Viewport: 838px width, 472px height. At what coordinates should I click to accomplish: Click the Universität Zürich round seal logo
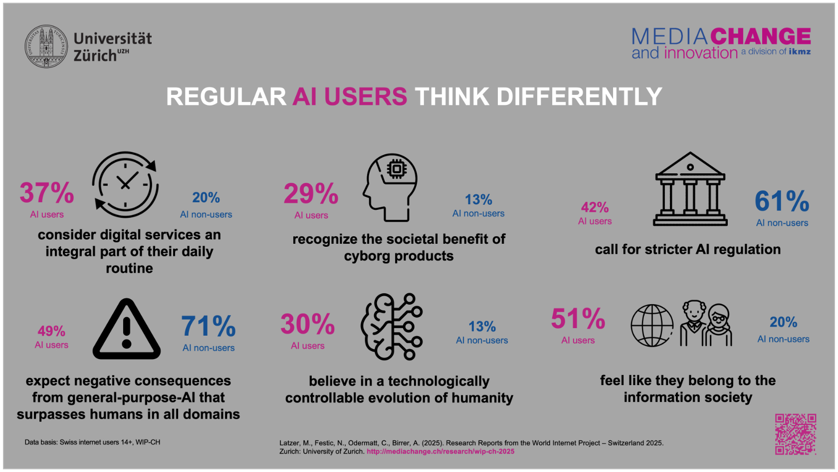point(46,46)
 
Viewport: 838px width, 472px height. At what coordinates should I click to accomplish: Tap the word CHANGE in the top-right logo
point(761,36)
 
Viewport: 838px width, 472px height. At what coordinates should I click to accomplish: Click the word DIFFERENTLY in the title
point(579,97)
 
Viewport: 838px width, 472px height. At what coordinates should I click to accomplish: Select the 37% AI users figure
point(47,193)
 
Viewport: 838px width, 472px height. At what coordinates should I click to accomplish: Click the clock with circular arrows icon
point(125,184)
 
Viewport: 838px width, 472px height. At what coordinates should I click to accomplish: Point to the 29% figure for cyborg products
point(311,194)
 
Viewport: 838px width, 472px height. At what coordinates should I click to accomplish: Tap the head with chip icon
point(391,187)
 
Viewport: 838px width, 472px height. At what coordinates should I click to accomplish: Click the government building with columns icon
point(690,189)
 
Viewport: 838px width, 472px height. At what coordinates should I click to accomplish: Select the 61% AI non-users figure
point(782,201)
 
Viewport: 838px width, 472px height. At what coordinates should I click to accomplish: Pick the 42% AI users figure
point(595,207)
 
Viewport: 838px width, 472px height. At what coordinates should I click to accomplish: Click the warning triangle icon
point(127,330)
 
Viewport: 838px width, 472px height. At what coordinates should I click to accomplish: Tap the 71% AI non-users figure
point(209,327)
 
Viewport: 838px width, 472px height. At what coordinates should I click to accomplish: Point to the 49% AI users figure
point(51,331)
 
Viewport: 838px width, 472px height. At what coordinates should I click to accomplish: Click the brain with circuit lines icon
point(392,327)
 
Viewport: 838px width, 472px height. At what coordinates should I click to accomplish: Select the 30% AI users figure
point(307,325)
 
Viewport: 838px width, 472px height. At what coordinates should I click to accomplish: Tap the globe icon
point(652,326)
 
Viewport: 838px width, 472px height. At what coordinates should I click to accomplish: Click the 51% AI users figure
point(578,319)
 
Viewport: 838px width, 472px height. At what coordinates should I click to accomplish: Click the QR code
point(795,434)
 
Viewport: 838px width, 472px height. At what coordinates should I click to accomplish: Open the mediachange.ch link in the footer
point(440,452)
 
